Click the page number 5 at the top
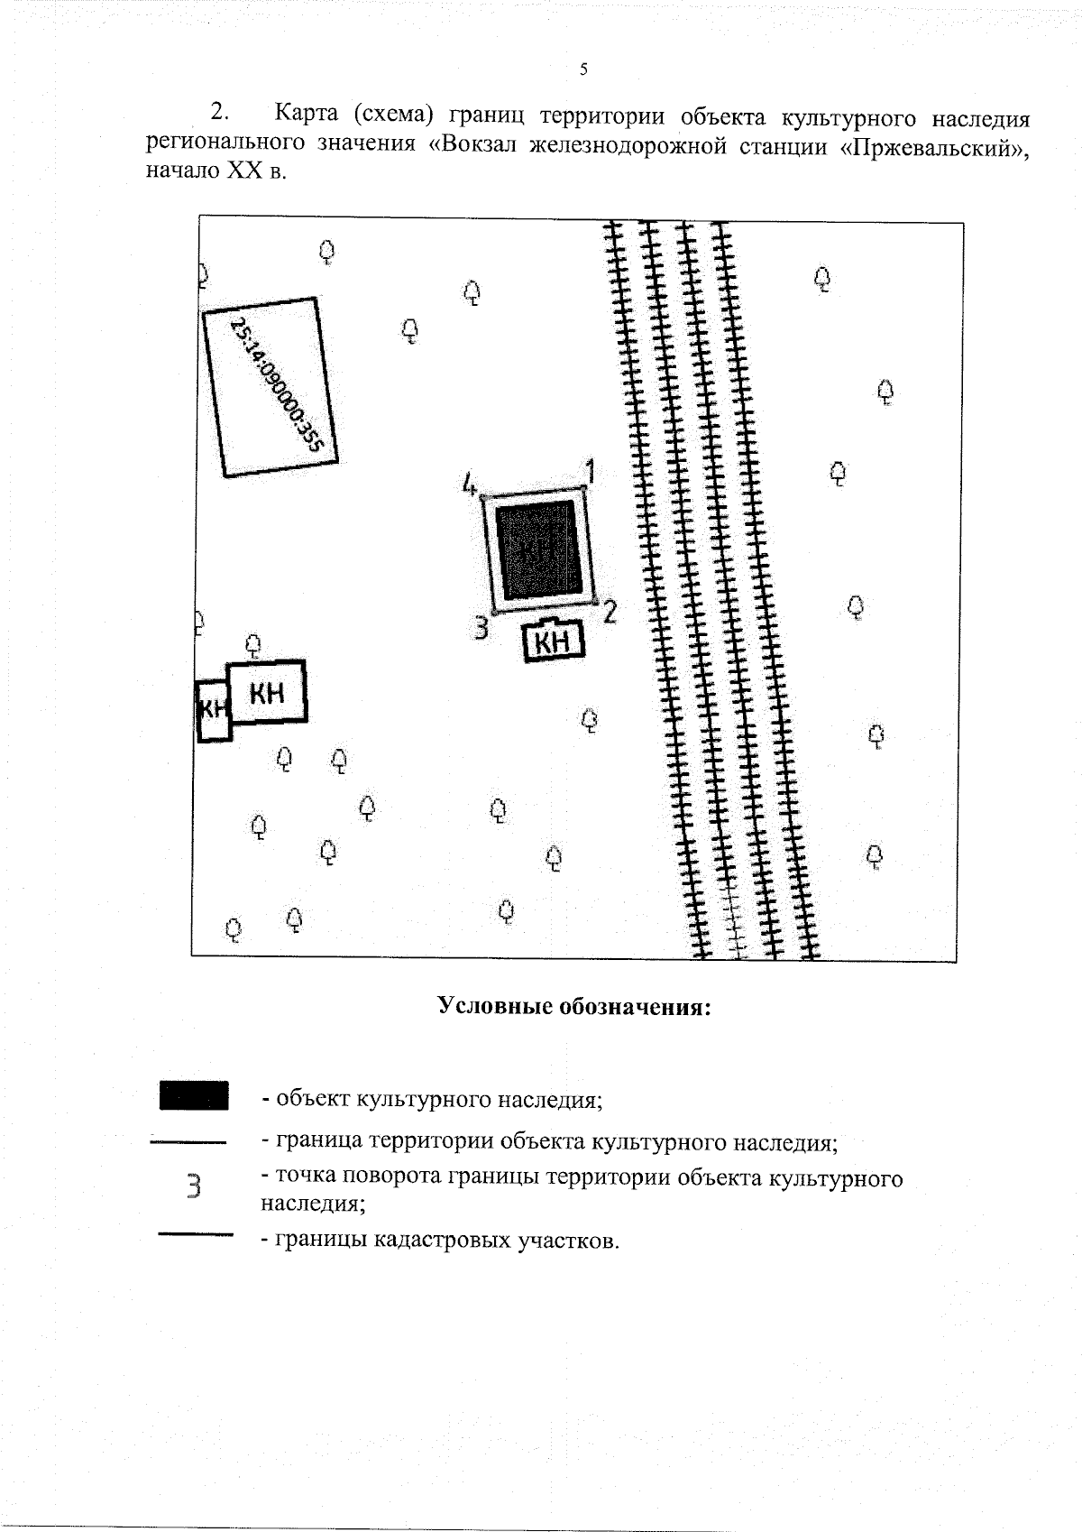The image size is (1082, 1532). pos(584,69)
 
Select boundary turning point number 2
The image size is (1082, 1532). pos(610,612)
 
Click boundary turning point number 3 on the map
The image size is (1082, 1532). pos(481,626)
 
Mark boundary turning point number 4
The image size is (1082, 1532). pos(469,484)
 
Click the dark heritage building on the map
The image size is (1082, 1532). pos(538,549)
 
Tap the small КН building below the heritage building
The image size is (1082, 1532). pos(554,642)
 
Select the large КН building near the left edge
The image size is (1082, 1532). pos(267,692)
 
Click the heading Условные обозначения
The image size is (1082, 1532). pos(574,1005)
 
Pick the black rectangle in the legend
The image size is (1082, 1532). pos(193,1094)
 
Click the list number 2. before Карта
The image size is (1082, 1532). pos(219,115)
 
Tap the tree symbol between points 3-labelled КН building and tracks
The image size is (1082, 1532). pos(591,720)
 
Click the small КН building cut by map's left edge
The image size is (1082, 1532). pos(214,710)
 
